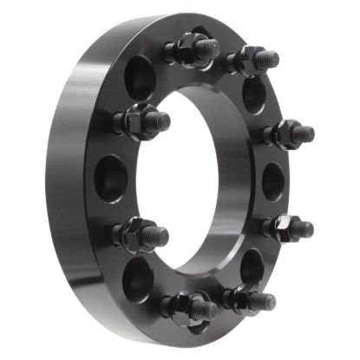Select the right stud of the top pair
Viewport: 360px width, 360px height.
click(254, 62)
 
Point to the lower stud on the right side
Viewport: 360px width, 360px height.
click(287, 227)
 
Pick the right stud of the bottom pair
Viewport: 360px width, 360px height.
click(250, 298)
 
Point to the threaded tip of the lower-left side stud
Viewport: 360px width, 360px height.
click(160, 234)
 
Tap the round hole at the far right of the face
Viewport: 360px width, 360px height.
click(273, 180)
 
